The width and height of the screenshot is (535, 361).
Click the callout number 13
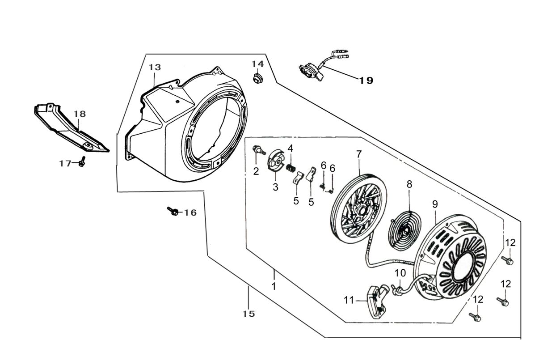click(155, 67)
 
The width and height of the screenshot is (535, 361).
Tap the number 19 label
click(366, 81)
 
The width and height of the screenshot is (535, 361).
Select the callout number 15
click(249, 314)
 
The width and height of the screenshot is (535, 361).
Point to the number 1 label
click(274, 285)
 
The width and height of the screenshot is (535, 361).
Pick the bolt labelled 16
click(173, 211)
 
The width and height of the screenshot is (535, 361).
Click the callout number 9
click(435, 204)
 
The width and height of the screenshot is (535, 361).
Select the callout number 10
click(400, 272)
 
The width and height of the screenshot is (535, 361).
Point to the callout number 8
click(409, 184)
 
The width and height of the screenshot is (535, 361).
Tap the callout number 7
click(359, 154)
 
